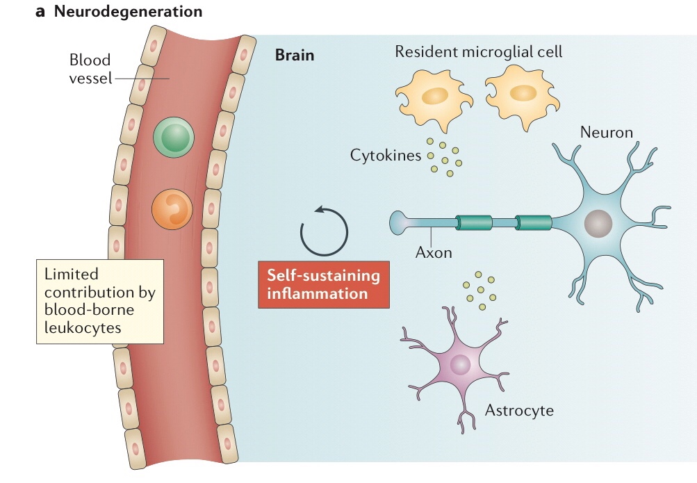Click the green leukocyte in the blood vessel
(173, 137)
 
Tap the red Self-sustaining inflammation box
(324, 284)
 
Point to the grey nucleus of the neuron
(598, 224)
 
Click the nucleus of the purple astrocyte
(460, 364)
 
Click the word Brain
(295, 55)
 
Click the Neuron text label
(607, 132)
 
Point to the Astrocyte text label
(519, 410)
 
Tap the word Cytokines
(386, 155)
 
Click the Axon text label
(434, 252)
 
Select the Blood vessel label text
(90, 69)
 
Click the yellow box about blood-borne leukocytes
(100, 301)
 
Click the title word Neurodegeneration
(125, 12)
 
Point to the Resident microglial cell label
(479, 51)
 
